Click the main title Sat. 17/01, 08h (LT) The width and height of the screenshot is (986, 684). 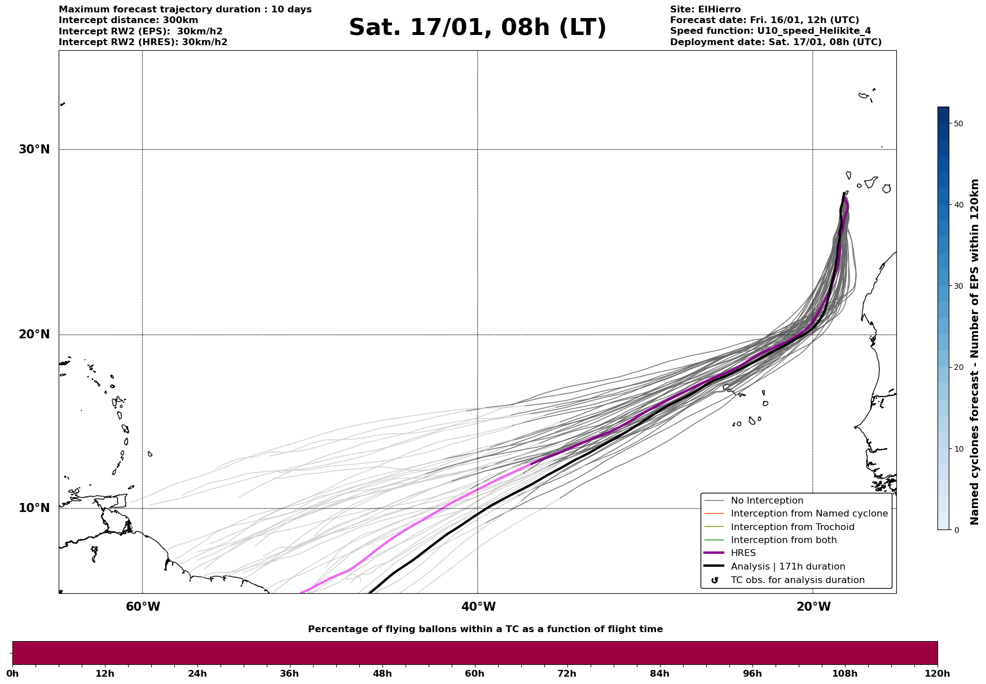tap(477, 28)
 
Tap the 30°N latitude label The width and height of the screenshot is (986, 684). tap(34, 149)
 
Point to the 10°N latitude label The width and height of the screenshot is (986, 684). tap(34, 508)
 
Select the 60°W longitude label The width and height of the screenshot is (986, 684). tap(143, 607)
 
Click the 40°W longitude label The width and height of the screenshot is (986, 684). tap(478, 607)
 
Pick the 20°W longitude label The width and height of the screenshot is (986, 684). tap(813, 607)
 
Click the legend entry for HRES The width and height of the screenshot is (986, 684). tap(743, 553)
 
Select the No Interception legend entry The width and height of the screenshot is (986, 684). tap(767, 501)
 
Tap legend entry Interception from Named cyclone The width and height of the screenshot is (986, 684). tap(809, 514)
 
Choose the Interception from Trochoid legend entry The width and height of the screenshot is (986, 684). tap(792, 527)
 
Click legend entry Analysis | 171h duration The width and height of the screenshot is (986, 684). tap(787, 567)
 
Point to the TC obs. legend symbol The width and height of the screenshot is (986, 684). tap(715, 580)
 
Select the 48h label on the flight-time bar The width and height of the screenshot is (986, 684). tap(382, 674)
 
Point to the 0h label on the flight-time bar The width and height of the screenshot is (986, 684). tap(12, 674)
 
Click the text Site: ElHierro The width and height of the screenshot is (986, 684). tap(705, 10)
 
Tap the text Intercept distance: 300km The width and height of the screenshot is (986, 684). tap(128, 20)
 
